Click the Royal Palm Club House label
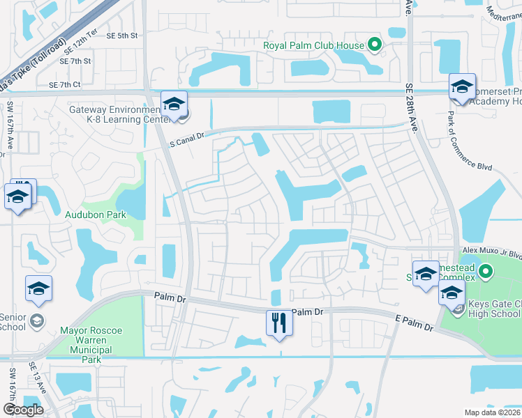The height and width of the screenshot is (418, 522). (x=313, y=46)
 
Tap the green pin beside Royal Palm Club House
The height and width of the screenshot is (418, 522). (x=375, y=46)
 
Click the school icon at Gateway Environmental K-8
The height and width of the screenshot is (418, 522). (x=174, y=104)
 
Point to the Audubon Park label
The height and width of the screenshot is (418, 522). (x=96, y=215)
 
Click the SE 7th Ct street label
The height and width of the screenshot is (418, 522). (x=65, y=85)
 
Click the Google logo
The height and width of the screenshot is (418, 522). (x=22, y=410)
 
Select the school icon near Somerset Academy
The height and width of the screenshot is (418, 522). (x=462, y=86)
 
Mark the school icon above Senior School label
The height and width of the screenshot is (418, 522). (x=38, y=288)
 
